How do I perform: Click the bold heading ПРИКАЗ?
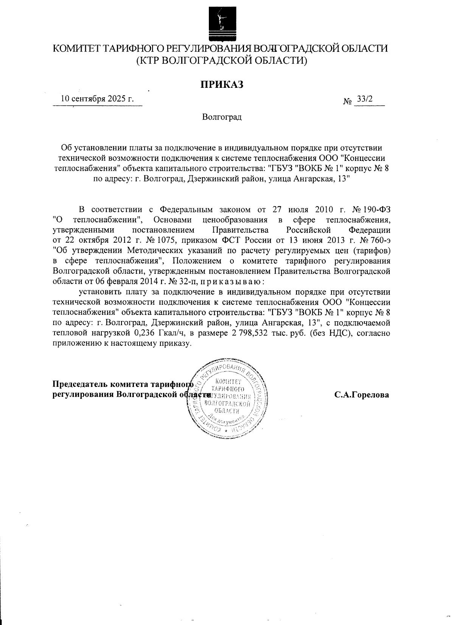[221, 84]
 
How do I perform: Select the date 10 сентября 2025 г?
[98, 100]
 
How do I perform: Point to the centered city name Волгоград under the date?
[222, 117]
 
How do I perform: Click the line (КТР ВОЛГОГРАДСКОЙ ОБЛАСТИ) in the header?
[221, 60]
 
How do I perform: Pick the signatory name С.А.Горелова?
[361, 395]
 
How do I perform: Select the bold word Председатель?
[80, 385]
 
